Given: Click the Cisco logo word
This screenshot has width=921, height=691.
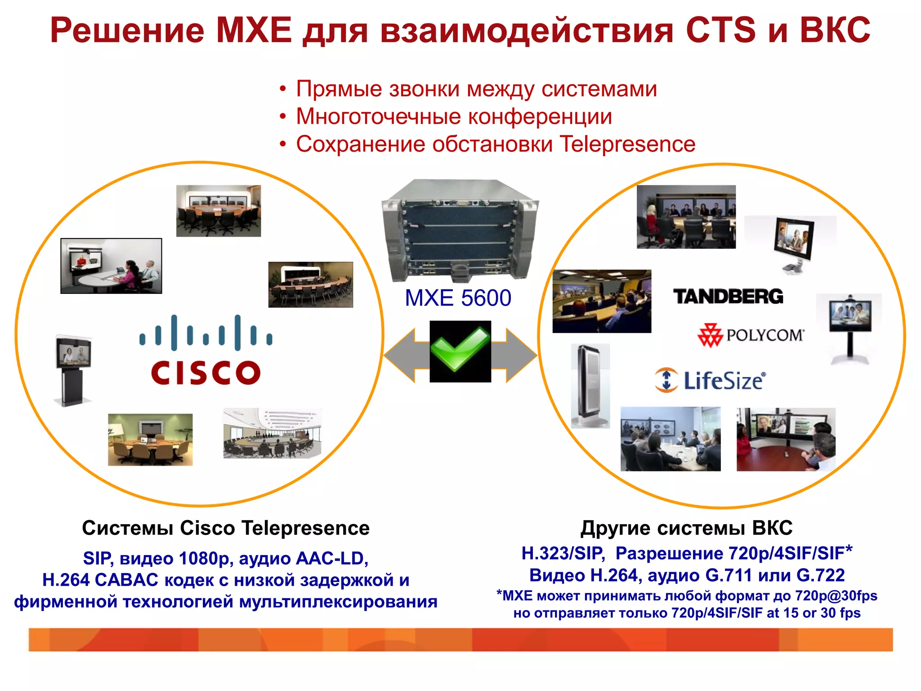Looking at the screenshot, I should pyautogui.click(x=206, y=372).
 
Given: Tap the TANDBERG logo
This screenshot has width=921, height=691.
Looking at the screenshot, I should pyautogui.click(x=728, y=296).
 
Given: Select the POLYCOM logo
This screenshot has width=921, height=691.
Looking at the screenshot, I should pyautogui.click(x=751, y=336).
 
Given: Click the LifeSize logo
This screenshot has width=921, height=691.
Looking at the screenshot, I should pyautogui.click(x=710, y=381).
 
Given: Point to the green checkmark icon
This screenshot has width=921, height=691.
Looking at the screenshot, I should pyautogui.click(x=460, y=351).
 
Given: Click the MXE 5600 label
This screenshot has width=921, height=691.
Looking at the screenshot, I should pyautogui.click(x=458, y=298).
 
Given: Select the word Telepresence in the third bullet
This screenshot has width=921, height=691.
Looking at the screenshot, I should pyautogui.click(x=627, y=144).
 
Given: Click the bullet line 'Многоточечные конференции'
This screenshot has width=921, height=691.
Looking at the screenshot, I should pyautogui.click(x=454, y=117).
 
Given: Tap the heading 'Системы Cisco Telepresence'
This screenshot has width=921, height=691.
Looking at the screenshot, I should pyautogui.click(x=225, y=528).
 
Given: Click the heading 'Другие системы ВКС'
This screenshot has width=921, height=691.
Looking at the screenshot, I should pyautogui.click(x=686, y=528).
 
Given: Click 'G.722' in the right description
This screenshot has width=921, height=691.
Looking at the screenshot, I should pyautogui.click(x=820, y=575).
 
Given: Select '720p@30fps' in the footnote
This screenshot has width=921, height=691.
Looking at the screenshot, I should pyautogui.click(x=836, y=596).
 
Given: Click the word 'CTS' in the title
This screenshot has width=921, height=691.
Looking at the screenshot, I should pyautogui.click(x=721, y=30).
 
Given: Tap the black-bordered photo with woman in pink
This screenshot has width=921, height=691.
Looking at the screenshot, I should pyautogui.click(x=111, y=266).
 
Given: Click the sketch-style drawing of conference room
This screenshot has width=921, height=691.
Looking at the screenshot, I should pyautogui.click(x=273, y=433).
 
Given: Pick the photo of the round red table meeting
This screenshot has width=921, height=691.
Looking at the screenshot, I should pyautogui.click(x=786, y=439).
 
